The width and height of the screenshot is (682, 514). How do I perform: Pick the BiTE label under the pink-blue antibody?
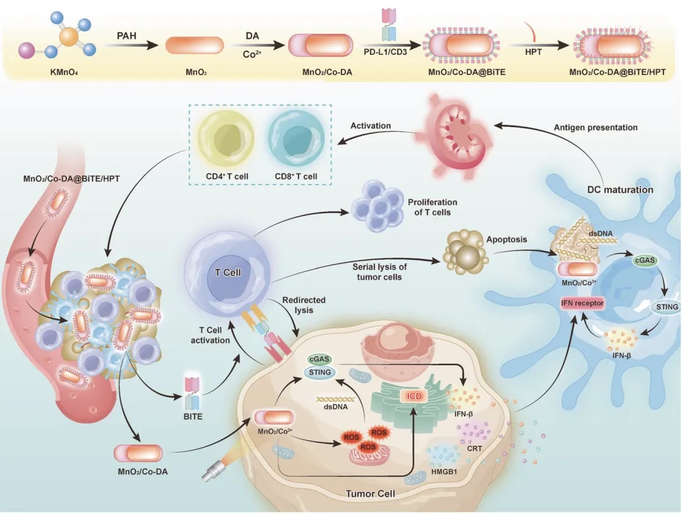click(x=193, y=417)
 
